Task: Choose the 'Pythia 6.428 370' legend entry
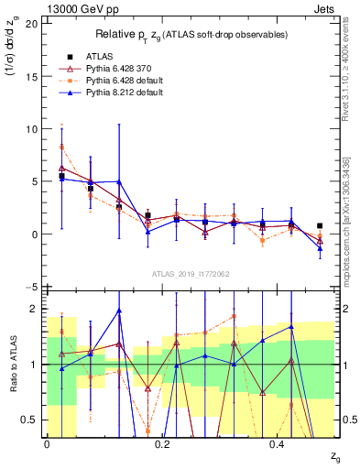(x=123, y=68)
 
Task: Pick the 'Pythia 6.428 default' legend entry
(x=128, y=81)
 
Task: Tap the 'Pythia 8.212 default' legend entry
(x=128, y=93)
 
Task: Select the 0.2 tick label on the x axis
(x=162, y=444)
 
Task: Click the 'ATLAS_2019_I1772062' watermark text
(x=190, y=273)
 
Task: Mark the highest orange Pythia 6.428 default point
(x=61, y=147)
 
